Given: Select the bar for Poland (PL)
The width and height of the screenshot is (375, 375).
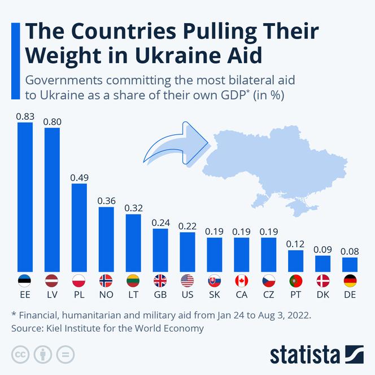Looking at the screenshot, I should point(79,227).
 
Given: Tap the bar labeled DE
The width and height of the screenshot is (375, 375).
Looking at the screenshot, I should point(350,264).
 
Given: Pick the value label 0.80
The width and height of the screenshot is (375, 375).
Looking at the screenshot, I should point(52,121).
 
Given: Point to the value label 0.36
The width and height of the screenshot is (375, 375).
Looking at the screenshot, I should point(106,200).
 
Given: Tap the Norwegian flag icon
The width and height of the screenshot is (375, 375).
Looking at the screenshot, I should point(106,280).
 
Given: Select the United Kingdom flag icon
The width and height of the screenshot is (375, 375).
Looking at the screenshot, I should point(160,280).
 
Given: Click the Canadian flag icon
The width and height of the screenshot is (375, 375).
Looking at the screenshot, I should point(242,280).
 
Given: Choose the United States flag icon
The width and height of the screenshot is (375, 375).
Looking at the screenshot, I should point(187,280).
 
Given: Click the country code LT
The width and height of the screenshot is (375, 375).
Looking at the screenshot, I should point(133,295).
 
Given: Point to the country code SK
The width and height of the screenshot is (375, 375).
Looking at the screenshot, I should point(215,295).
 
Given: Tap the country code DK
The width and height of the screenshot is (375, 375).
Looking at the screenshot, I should point(323,295).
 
